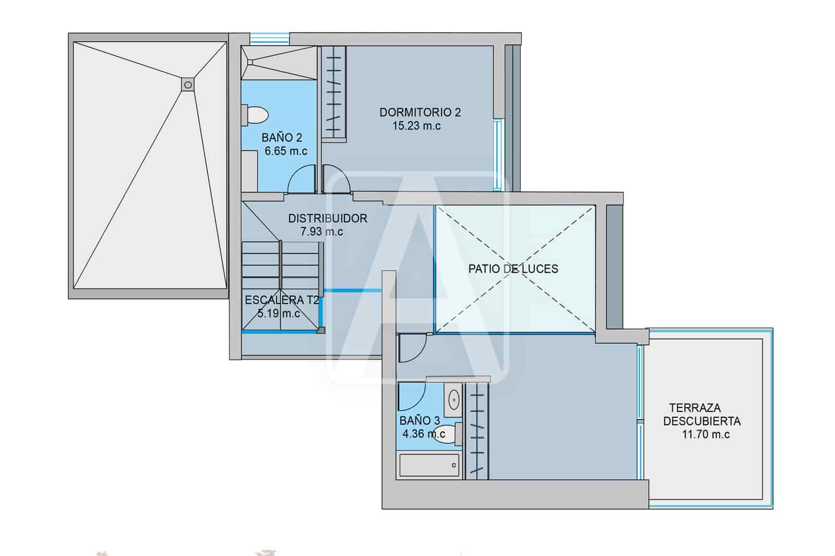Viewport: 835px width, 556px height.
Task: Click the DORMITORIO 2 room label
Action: coord(420,112)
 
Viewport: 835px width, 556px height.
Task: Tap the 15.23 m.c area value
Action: coord(416,126)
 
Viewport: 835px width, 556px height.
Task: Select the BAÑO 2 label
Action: coord(282,138)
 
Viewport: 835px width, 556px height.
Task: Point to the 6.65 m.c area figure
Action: coord(286,151)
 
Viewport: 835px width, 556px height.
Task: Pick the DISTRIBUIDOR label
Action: coord(328,219)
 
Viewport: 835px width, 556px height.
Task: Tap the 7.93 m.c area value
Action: coord(321,232)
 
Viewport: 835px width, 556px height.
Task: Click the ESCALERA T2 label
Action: coord(282,300)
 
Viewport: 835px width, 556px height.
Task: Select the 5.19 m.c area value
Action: coord(279,313)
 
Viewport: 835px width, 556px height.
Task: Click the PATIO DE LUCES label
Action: coord(513,269)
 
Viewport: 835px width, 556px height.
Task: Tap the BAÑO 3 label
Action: coord(420,420)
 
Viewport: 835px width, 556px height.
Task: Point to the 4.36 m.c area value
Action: coord(423,433)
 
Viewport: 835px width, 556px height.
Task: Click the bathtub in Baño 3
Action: coord(429,465)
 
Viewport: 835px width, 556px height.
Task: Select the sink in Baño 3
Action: coord(454,400)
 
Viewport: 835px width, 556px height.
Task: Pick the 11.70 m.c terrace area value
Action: coord(706,434)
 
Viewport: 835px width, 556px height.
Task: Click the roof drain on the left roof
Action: coord(188,84)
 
